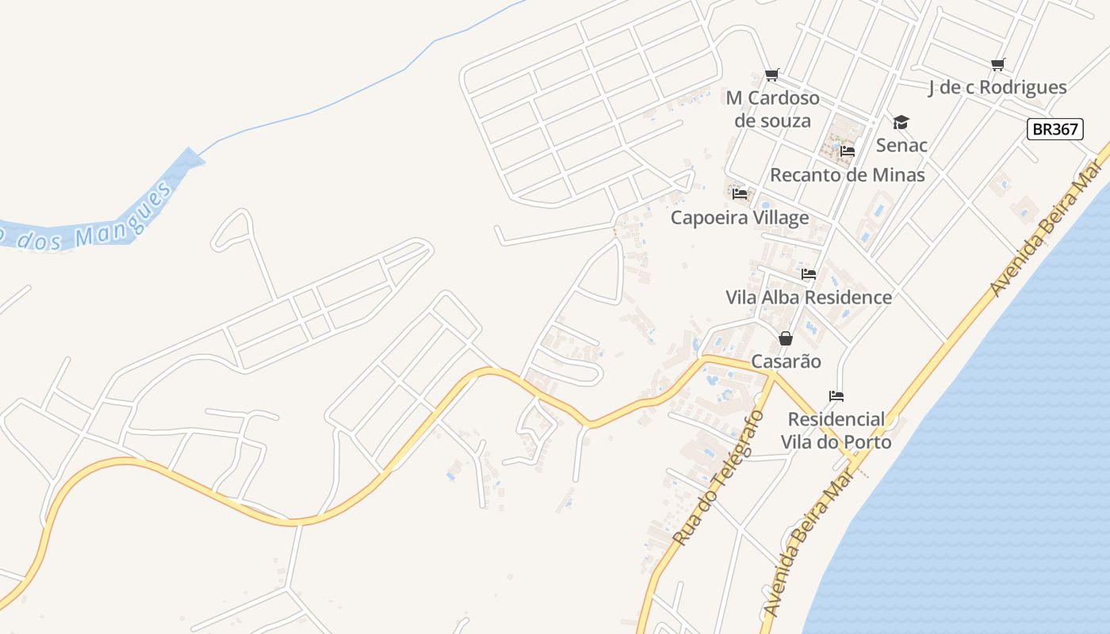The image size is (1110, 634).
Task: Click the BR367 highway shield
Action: (1054, 129)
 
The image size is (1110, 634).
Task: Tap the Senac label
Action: (901, 145)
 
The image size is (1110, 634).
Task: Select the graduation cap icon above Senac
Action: (901, 122)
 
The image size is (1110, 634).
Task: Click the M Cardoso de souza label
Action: (773, 109)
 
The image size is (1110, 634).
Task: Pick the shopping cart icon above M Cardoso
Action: (771, 75)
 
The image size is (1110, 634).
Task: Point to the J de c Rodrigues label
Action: (997, 87)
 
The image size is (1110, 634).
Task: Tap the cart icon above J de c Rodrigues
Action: (997, 64)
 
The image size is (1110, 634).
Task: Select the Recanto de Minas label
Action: (848, 174)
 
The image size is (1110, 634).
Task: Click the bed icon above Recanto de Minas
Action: (848, 151)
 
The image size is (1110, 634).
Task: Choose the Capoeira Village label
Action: (740, 217)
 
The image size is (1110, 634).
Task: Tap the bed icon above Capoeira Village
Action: (740, 193)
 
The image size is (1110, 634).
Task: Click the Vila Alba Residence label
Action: (809, 297)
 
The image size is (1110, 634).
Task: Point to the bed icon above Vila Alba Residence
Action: (809, 274)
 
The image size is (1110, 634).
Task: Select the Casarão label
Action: (786, 361)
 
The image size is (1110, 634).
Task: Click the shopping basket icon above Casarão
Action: (786, 338)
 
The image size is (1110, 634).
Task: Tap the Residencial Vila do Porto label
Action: (836, 430)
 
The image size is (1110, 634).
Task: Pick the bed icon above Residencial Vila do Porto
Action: (836, 395)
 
